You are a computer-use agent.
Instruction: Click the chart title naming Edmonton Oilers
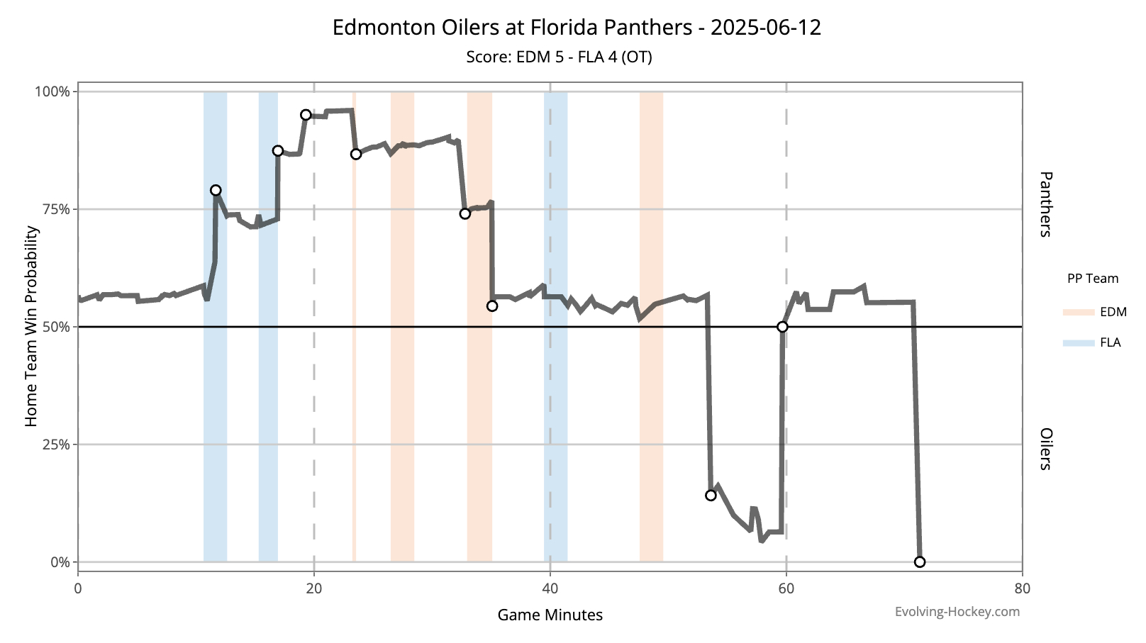point(577,28)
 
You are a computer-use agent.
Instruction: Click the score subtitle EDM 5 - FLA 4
point(559,57)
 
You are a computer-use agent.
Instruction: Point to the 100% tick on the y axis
point(52,91)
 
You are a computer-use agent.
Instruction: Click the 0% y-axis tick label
point(59,562)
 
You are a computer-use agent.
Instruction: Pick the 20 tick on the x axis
point(313,588)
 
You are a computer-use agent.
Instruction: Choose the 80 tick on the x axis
point(1022,588)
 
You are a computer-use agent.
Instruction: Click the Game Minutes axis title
point(550,615)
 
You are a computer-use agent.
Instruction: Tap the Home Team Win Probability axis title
point(31,326)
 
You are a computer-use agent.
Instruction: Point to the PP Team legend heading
point(1092,279)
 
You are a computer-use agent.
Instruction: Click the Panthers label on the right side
point(1045,204)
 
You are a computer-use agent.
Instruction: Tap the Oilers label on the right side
point(1045,449)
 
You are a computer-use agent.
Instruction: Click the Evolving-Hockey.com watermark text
point(957,612)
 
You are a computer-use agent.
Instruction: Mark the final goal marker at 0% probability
point(920,562)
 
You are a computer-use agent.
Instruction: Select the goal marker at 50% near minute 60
point(782,327)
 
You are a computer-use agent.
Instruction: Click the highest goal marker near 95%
point(306,115)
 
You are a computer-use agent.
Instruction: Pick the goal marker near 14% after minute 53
point(711,496)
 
